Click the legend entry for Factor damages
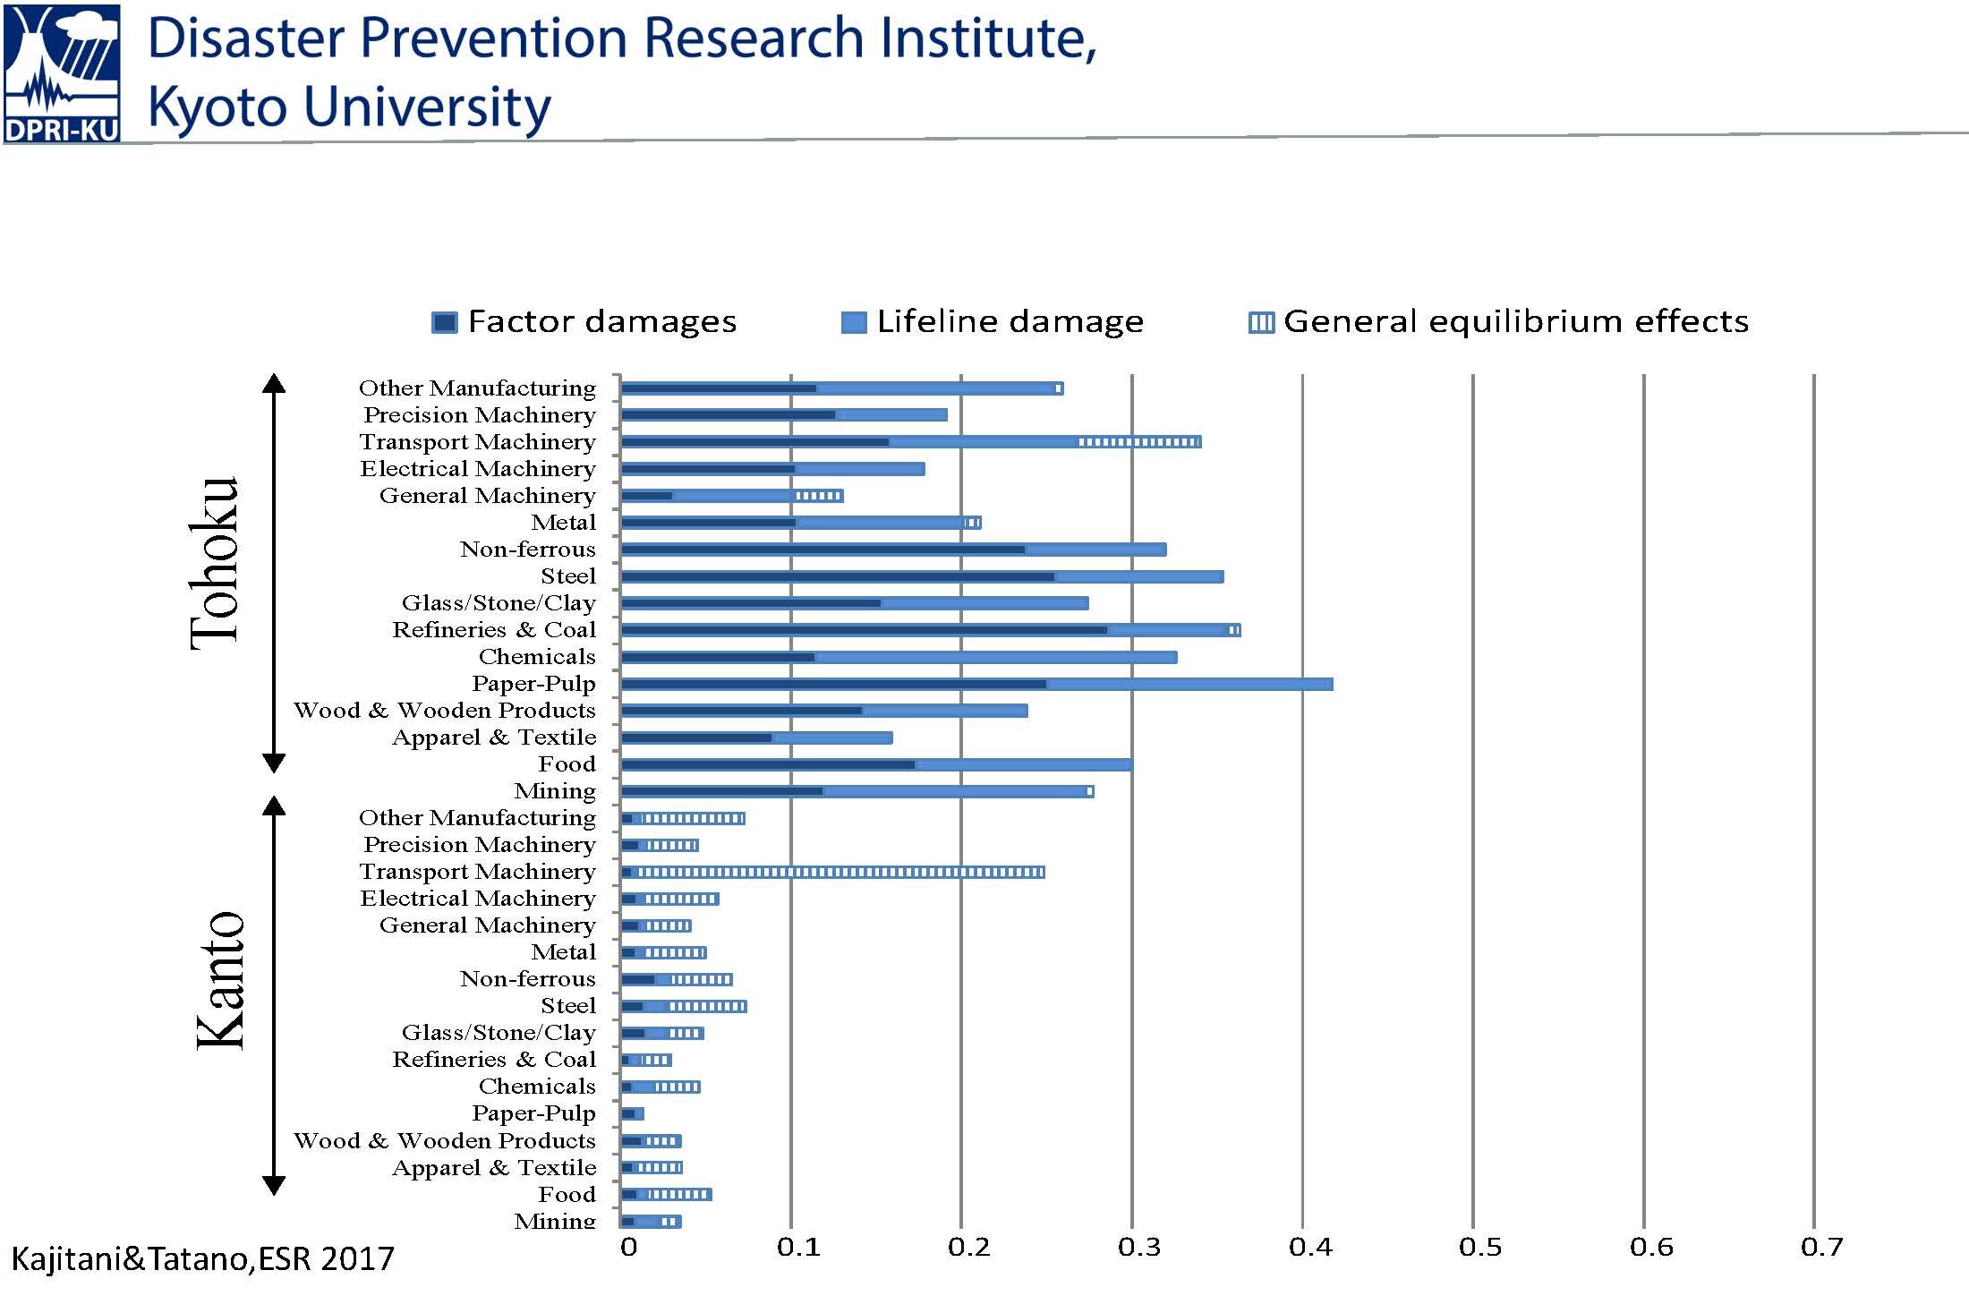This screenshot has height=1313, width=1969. (x=584, y=321)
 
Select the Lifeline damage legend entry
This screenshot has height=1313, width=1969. (x=993, y=321)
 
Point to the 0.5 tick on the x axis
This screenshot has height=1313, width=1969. (x=1480, y=1247)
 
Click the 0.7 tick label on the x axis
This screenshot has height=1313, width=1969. (x=1821, y=1247)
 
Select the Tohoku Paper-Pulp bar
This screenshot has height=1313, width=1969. (x=977, y=684)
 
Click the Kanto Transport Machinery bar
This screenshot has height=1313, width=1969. (x=833, y=872)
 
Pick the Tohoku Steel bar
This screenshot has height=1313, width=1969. (x=922, y=576)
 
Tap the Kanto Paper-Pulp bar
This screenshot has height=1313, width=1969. (x=633, y=1113)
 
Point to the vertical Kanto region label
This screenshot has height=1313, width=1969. (x=219, y=980)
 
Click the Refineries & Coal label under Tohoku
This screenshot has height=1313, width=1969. (x=494, y=630)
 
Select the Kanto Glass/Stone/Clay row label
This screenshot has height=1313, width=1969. (x=499, y=1033)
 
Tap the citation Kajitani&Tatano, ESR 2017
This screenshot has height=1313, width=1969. (x=202, y=1259)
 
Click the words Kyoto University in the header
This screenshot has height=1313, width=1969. (x=349, y=107)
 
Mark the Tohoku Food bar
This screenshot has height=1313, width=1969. (x=877, y=764)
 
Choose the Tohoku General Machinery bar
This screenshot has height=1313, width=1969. (x=732, y=496)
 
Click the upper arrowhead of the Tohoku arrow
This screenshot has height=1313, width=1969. (x=274, y=383)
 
